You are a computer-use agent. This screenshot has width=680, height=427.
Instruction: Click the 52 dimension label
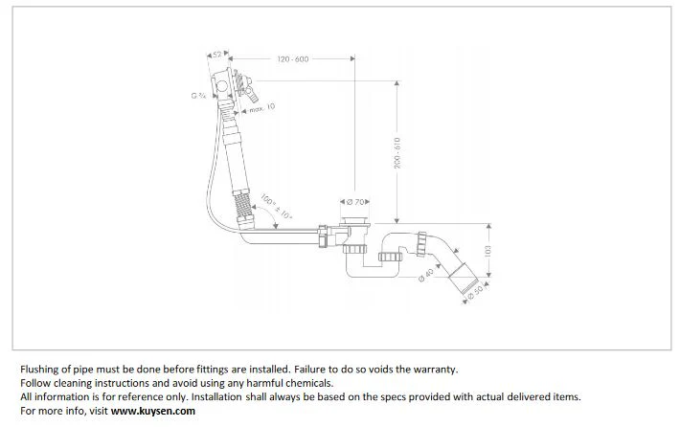tap(217, 55)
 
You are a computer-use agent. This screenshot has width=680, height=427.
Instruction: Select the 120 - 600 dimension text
tap(293, 59)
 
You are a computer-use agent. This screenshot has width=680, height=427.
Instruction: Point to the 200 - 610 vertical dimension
tap(397, 153)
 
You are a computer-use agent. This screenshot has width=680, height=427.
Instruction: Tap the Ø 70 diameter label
tap(355, 202)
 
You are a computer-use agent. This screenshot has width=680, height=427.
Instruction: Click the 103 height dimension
tap(487, 251)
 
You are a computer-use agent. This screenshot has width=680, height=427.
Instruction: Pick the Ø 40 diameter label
tap(426, 275)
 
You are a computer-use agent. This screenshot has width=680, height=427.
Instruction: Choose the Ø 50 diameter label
tap(475, 291)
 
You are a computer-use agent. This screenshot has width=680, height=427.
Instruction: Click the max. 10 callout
tap(261, 107)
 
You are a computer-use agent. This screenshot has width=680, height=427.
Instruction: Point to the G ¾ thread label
tap(198, 96)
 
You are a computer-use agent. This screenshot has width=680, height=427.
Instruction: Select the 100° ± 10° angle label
tap(276, 207)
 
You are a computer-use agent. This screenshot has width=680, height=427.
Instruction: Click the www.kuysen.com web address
tap(153, 411)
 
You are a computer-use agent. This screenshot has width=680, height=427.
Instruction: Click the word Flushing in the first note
tap(39, 370)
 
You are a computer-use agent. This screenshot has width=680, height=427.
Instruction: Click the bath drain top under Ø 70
tap(355, 221)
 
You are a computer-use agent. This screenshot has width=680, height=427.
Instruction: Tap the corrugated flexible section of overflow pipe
tap(243, 207)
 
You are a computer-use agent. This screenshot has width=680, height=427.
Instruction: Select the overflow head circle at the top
tap(222, 85)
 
